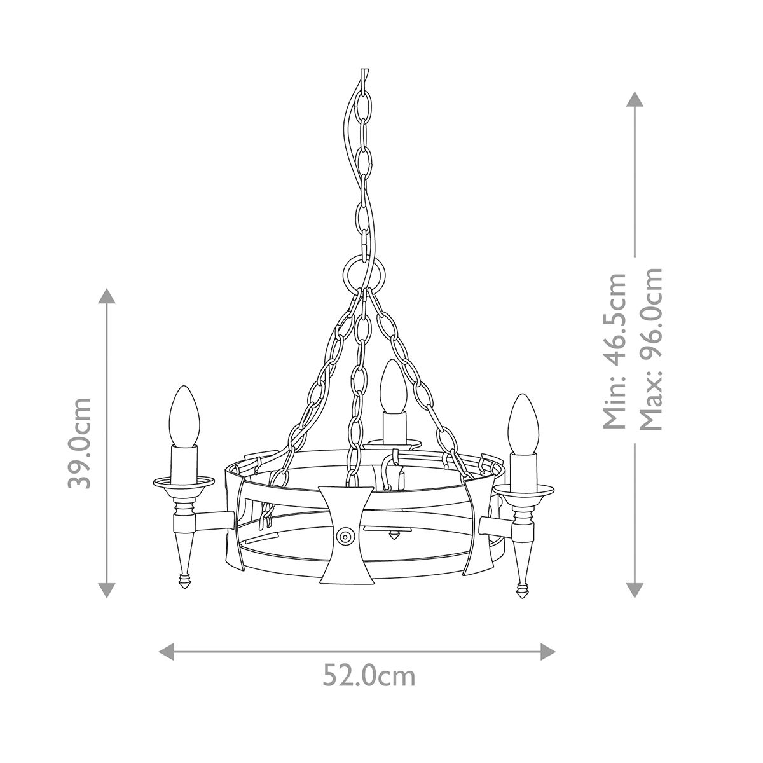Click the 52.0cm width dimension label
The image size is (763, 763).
[369, 676]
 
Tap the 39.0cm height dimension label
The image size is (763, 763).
[81, 443]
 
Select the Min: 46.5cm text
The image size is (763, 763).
[614, 351]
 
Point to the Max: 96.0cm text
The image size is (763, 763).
[651, 348]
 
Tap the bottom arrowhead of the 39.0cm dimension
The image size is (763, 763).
[107, 589]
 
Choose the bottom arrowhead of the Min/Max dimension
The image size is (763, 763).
[634, 589]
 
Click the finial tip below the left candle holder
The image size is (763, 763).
[184, 581]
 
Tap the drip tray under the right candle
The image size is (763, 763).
[523, 490]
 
